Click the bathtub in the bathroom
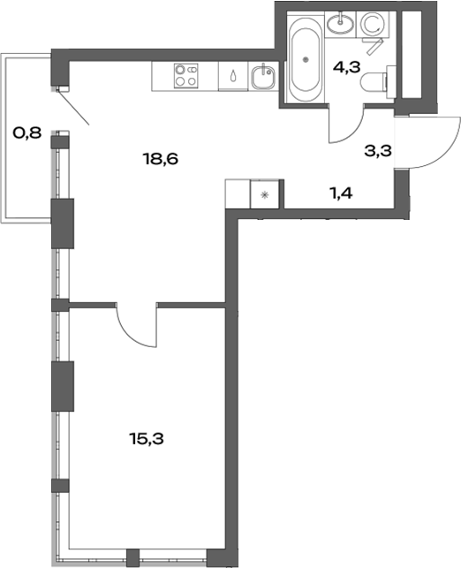coord(306,58)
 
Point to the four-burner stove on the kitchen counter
coord(185,76)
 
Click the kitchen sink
coord(261,78)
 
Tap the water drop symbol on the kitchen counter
coord(232,77)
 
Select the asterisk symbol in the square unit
coord(266,194)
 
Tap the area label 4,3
coord(346,64)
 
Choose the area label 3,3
coord(377,150)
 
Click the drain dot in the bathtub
coord(306,59)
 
